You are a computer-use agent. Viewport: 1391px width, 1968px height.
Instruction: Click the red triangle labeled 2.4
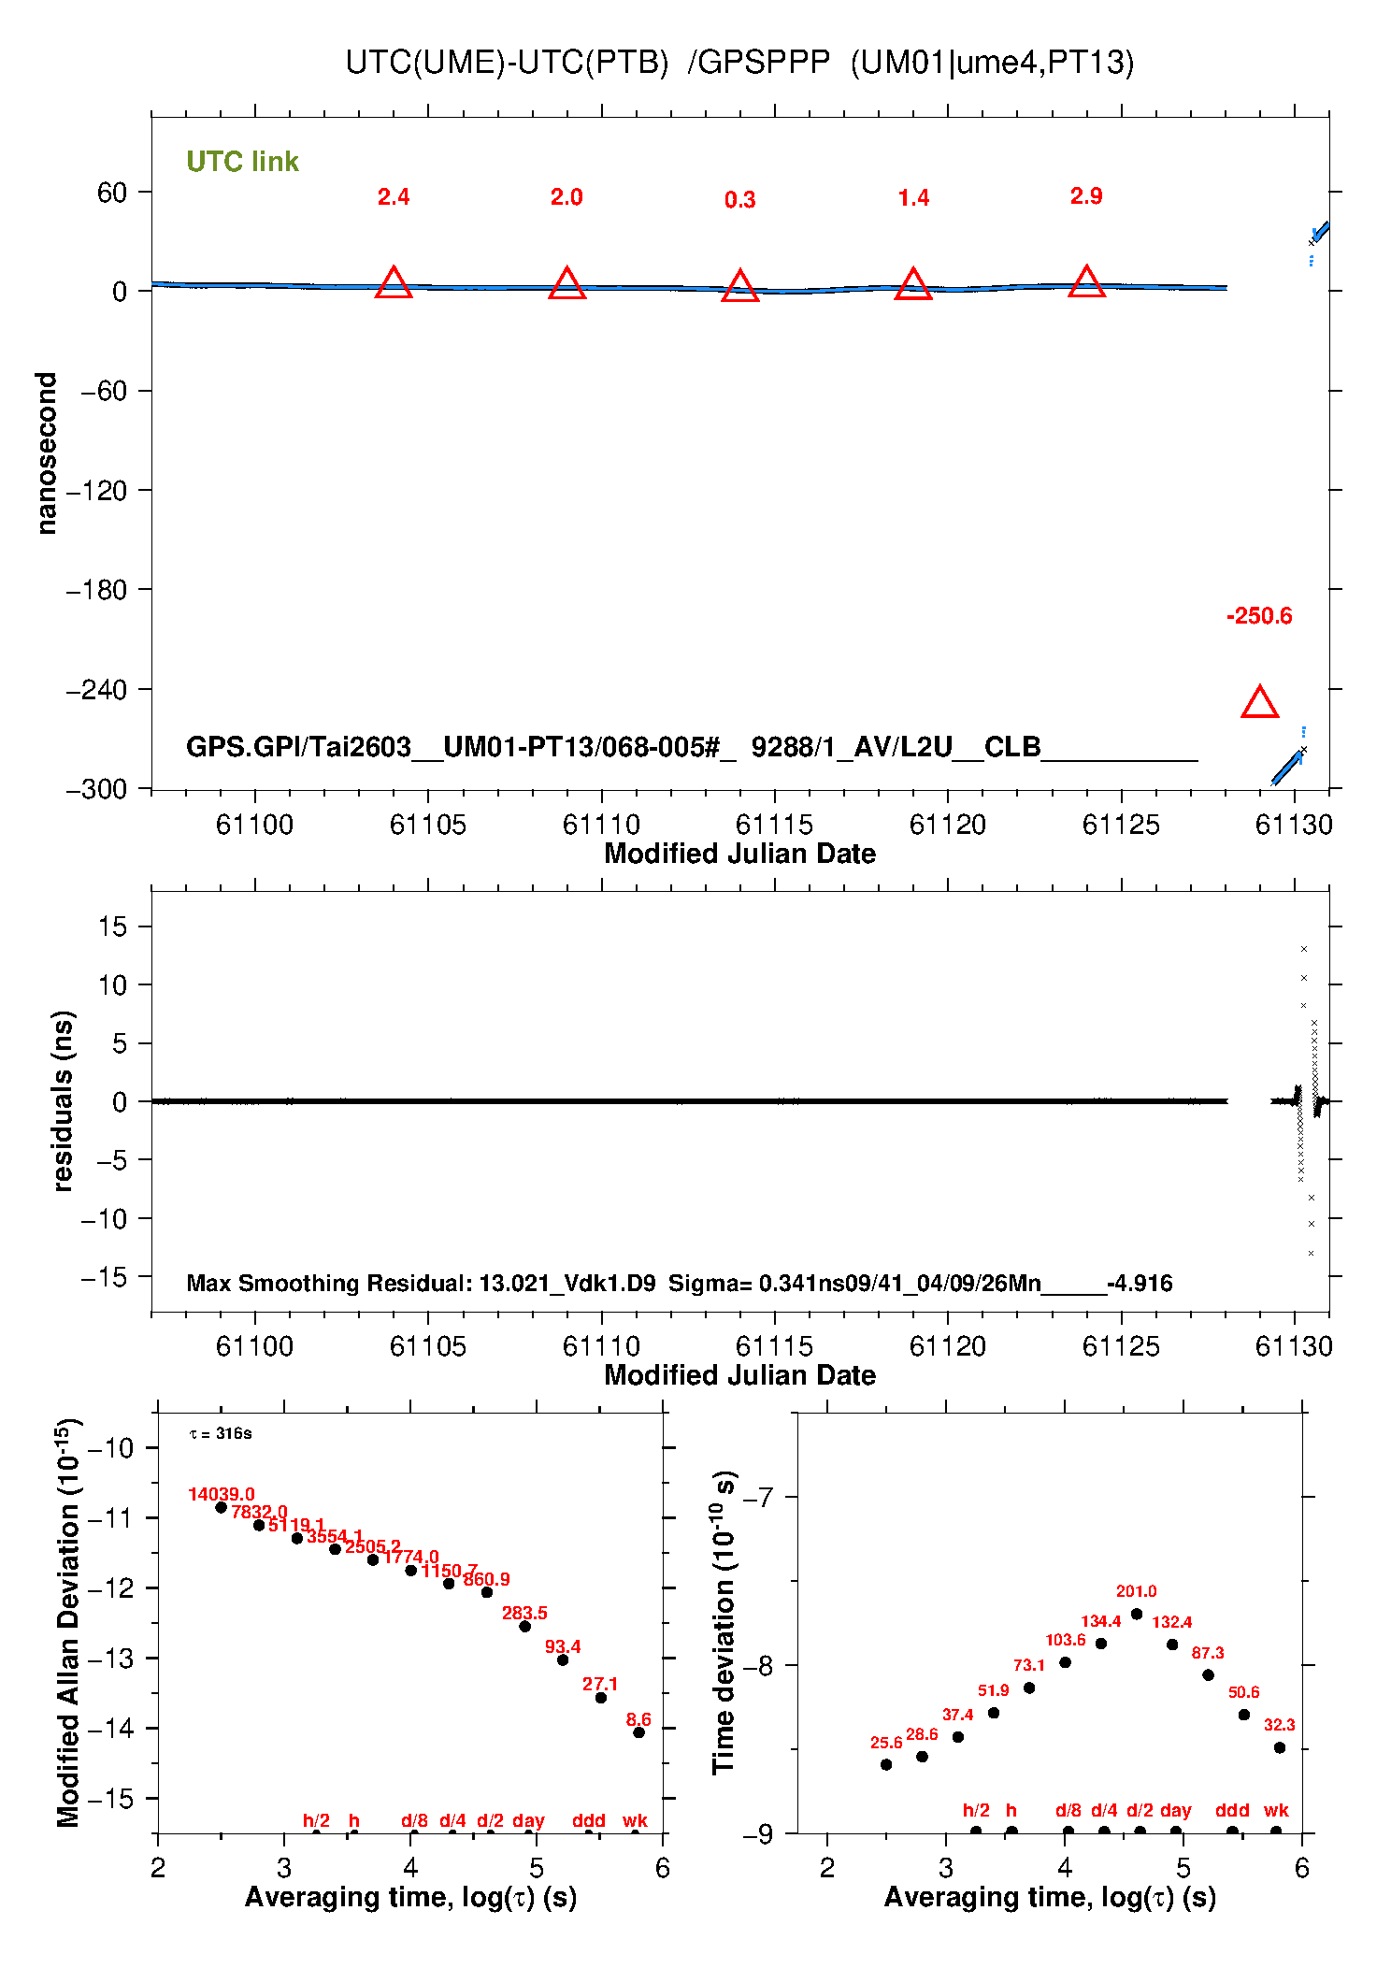click(x=394, y=283)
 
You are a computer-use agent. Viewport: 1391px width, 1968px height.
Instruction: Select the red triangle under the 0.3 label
click(x=739, y=286)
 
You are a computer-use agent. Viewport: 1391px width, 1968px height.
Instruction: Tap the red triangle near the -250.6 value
click(x=1259, y=703)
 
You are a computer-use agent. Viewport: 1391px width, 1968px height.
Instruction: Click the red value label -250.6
click(x=1259, y=616)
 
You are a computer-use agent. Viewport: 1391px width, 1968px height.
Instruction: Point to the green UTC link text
click(x=242, y=162)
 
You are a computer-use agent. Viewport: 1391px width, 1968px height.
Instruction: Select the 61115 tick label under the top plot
click(x=774, y=825)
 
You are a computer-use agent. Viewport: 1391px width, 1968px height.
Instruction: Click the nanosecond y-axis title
click(x=47, y=453)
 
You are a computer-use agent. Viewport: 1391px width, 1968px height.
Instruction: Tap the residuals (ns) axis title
click(x=63, y=1100)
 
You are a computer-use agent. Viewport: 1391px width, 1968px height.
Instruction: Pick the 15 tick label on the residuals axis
click(x=112, y=927)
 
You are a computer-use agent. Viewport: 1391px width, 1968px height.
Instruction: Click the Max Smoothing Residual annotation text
click(x=679, y=1283)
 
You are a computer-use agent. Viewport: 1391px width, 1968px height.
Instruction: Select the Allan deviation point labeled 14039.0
click(x=222, y=1507)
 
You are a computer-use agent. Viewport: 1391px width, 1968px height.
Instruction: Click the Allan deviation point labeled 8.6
click(x=638, y=1732)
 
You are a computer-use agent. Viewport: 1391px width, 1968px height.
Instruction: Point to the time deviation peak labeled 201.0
click(x=1137, y=1614)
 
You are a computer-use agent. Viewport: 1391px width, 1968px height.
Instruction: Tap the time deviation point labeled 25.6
click(x=886, y=1764)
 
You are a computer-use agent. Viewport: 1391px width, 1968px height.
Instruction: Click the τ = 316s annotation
click(x=221, y=1433)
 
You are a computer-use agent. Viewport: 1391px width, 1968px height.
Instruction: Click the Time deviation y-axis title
click(x=724, y=1622)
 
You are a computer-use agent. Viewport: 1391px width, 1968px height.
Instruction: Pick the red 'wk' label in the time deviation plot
click(x=1276, y=1810)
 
